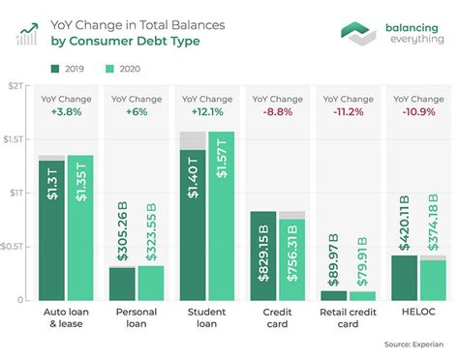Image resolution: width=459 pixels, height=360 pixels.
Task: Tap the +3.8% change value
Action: coord(66,111)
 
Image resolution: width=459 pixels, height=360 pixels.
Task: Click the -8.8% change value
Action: coord(276,111)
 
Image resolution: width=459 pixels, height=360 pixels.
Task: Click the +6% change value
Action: coord(136,111)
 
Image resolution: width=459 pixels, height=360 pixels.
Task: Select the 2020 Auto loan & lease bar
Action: coord(80,227)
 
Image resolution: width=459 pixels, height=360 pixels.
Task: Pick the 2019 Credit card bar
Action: coord(262,255)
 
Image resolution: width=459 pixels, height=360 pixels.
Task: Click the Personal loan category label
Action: coord(136,319)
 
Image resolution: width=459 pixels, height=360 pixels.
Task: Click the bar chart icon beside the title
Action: coord(27,33)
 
